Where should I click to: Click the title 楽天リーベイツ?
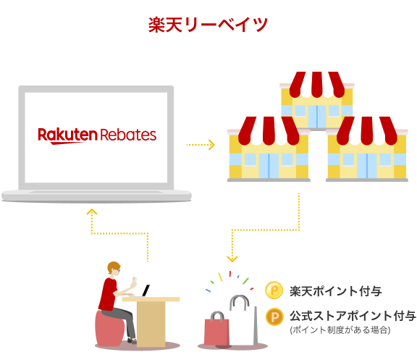pyautogui.click(x=208, y=25)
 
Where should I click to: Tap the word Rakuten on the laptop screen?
pyautogui.click(x=67, y=135)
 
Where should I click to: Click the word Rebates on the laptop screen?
pyautogui.click(x=128, y=135)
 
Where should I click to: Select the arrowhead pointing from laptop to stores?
pyautogui.click(x=211, y=145)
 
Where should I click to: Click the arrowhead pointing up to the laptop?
pyautogui.click(x=92, y=212)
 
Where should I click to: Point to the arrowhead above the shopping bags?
pyautogui.click(x=232, y=259)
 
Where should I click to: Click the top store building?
pyautogui.click(x=317, y=101)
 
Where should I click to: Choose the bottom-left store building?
pyautogui.click(x=269, y=149)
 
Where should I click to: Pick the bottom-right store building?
pyautogui.click(x=367, y=149)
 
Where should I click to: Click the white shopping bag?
pyautogui.click(x=243, y=322)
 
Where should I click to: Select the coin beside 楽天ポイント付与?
pyautogui.click(x=274, y=290)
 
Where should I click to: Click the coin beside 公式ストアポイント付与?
pyautogui.click(x=274, y=317)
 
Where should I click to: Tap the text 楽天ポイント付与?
pyautogui.click(x=336, y=291)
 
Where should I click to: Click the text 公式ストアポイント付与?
pyautogui.click(x=353, y=316)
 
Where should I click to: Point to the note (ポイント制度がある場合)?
pyautogui.click(x=340, y=330)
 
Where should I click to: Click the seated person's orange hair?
pyautogui.click(x=113, y=267)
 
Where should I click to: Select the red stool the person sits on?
pyautogui.click(x=109, y=329)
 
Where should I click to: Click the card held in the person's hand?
pyautogui.click(x=135, y=280)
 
